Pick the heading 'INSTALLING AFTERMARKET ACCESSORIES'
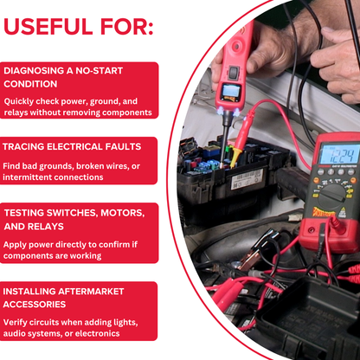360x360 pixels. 65,298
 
